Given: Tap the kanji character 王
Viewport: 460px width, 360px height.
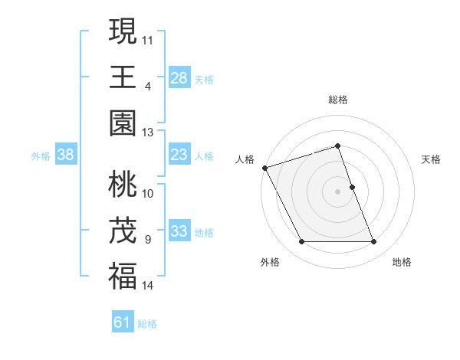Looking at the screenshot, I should pyautogui.click(x=123, y=77).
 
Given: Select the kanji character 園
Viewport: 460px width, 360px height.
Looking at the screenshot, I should pyautogui.click(x=123, y=123).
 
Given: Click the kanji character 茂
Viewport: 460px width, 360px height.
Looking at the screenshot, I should pyautogui.click(x=123, y=231).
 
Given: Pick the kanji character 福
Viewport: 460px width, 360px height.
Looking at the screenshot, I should pyautogui.click(x=123, y=277).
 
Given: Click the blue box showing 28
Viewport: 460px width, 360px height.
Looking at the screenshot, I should pyautogui.click(x=179, y=78).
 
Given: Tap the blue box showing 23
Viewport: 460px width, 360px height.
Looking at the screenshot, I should pyautogui.click(x=179, y=155).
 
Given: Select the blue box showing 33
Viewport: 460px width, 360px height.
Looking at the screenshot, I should pyautogui.click(x=179, y=232).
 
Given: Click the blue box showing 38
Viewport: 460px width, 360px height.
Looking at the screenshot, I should pyautogui.click(x=65, y=155).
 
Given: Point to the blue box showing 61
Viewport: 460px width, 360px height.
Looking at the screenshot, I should pyautogui.click(x=123, y=323).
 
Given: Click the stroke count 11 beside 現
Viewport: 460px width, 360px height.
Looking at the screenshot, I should pyautogui.click(x=148, y=38).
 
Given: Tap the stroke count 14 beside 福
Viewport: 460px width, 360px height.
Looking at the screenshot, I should pyautogui.click(x=148, y=286).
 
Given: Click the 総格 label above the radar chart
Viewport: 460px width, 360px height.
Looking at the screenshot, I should pyautogui.click(x=338, y=100).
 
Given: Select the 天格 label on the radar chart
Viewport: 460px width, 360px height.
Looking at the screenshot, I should pyautogui.click(x=432, y=159).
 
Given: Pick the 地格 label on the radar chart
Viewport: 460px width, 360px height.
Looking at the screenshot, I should pyautogui.click(x=402, y=262).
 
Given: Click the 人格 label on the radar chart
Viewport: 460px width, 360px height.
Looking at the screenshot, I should pyautogui.click(x=245, y=159).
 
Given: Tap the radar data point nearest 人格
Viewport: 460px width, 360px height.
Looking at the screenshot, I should pyautogui.click(x=264, y=168).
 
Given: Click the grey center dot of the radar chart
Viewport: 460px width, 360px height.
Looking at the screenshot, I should pyautogui.click(x=338, y=191).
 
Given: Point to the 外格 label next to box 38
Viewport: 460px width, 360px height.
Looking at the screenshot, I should pyautogui.click(x=41, y=156).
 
